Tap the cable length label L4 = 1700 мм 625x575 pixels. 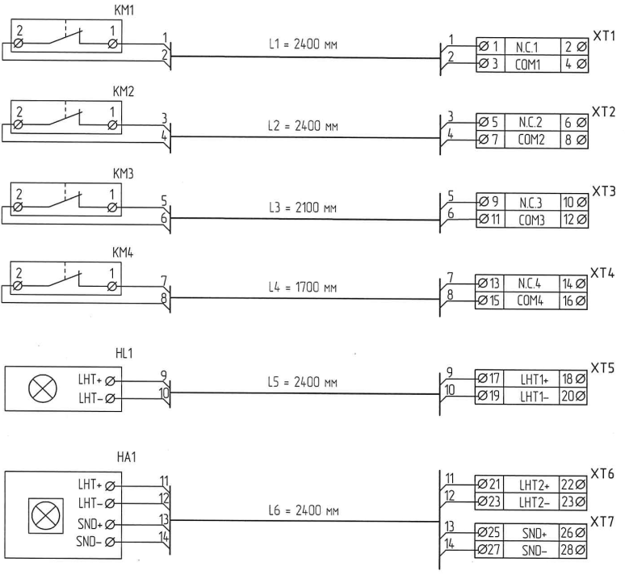(301, 287)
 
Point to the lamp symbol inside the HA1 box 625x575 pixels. (42, 512)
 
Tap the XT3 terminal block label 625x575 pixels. (603, 191)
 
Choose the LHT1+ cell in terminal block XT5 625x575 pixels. (532, 379)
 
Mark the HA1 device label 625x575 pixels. (124, 457)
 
